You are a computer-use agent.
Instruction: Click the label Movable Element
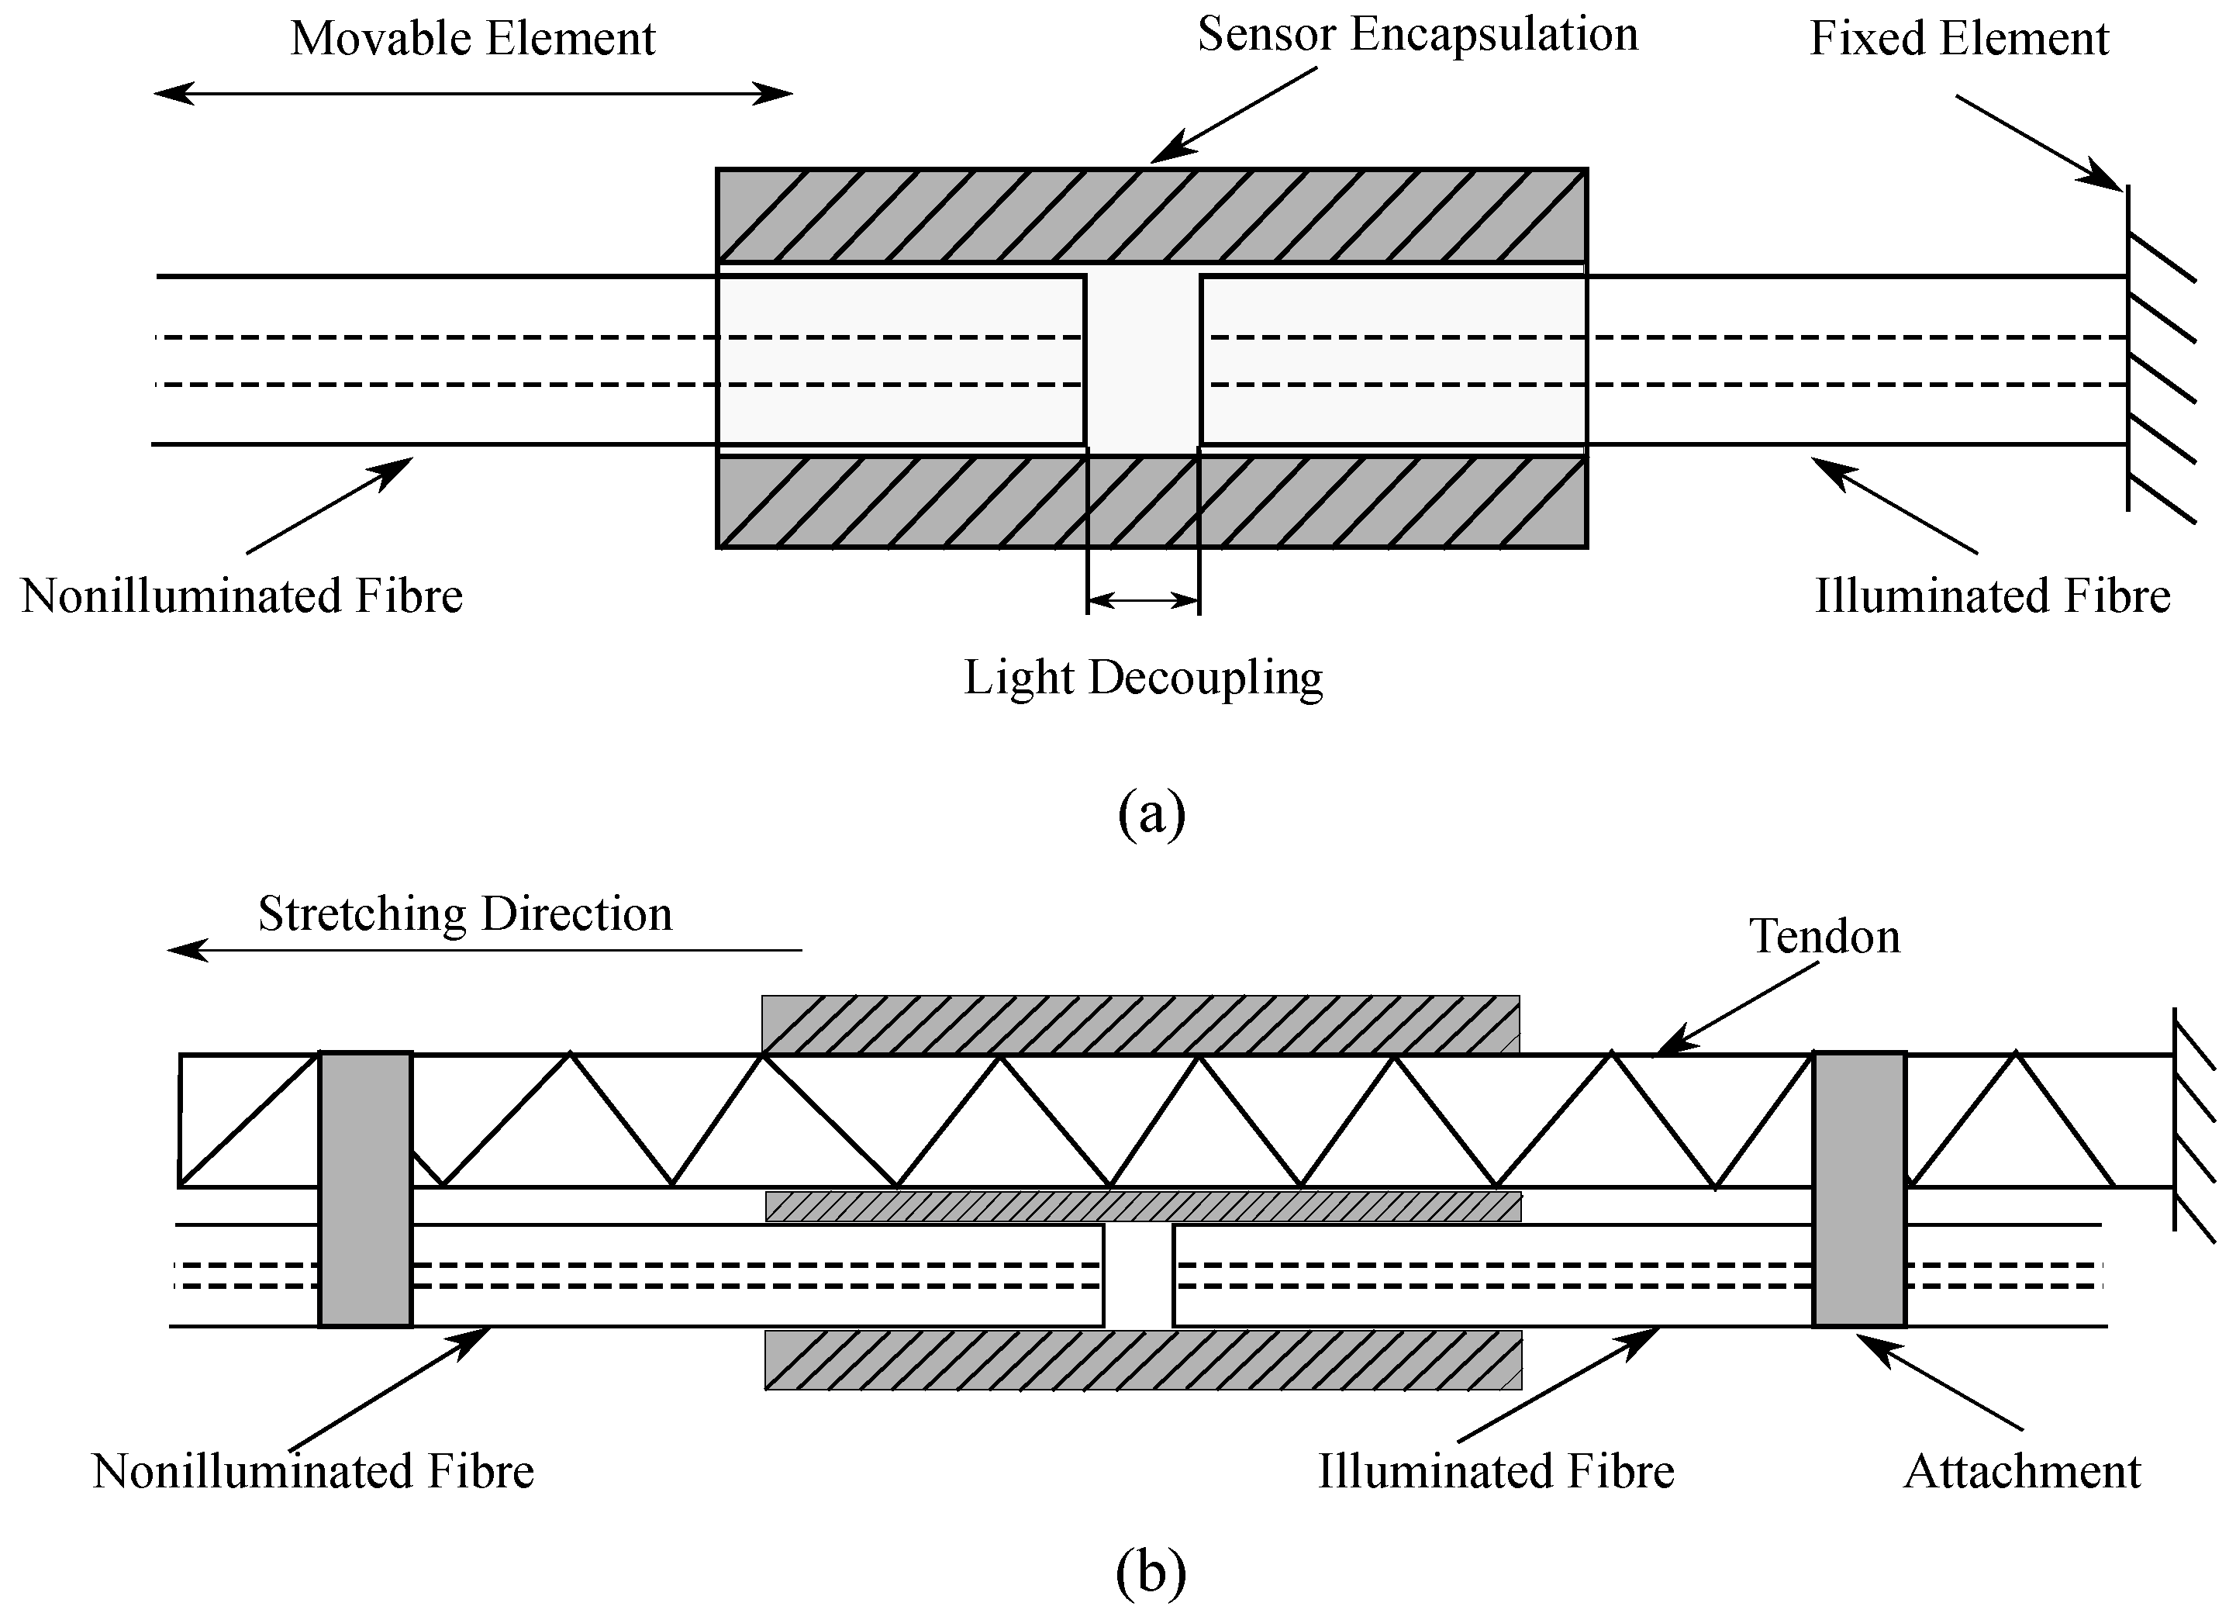pos(472,40)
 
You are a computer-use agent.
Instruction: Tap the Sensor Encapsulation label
pos(1418,36)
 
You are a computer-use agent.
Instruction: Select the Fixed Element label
pos(1959,40)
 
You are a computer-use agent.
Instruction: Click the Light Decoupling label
pos(1143,679)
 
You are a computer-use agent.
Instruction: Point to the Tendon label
pos(1824,936)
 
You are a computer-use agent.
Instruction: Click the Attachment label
pos(2022,1471)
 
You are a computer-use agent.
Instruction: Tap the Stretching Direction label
pos(464,914)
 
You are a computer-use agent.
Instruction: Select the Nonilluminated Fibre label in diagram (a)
pos(242,596)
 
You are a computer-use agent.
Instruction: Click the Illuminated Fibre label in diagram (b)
pos(1496,1471)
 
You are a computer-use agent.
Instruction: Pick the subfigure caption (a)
pos(1151,813)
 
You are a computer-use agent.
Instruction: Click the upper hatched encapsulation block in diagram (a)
pos(1151,216)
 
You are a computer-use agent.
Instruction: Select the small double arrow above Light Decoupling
pos(1144,599)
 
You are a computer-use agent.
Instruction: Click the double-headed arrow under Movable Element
pos(473,94)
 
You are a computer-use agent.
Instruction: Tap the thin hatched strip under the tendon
pos(1144,1206)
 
